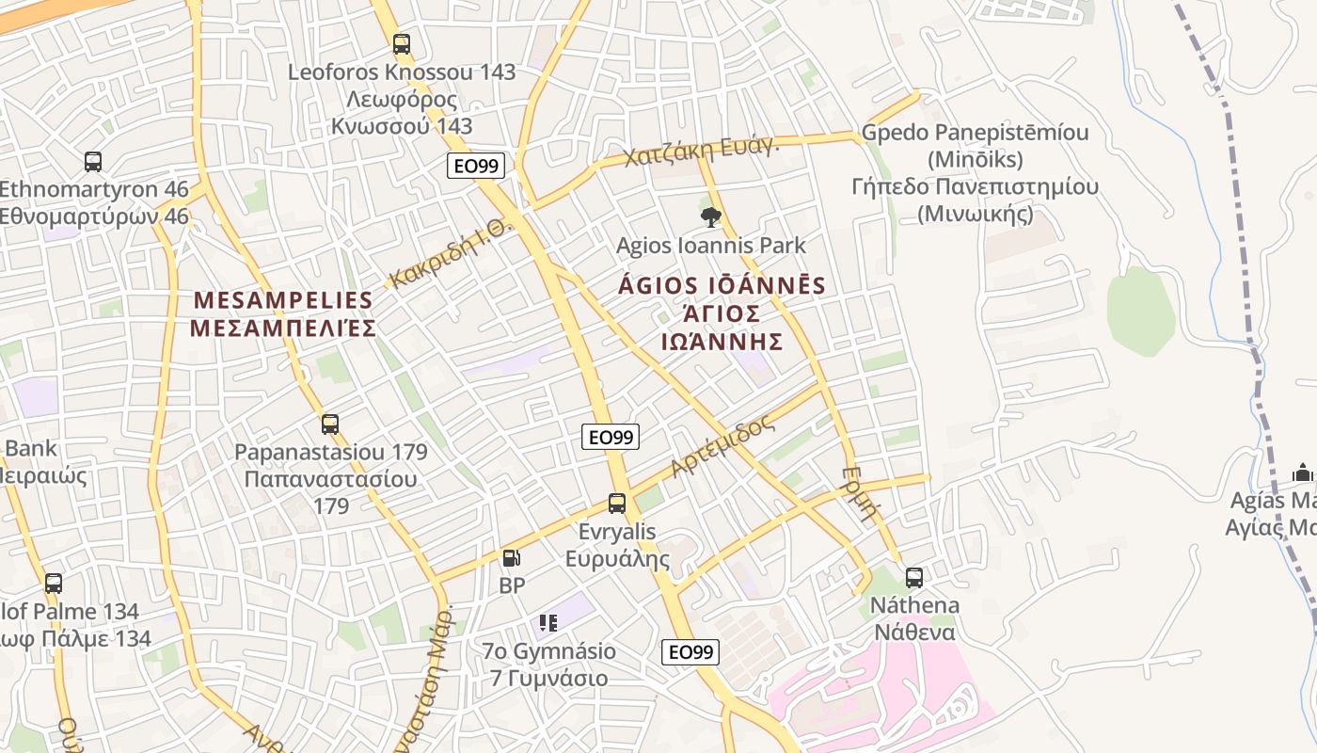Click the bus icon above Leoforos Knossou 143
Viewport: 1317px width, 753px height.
(x=402, y=43)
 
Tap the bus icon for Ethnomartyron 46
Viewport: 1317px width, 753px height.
(x=93, y=161)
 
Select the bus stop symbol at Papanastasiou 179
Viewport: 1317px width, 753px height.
(x=330, y=424)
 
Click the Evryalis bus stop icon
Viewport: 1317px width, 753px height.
(x=617, y=504)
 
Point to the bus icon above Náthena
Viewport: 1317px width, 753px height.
(x=913, y=577)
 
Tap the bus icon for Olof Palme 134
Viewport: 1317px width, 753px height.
(x=54, y=584)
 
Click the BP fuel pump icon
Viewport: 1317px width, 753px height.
(x=511, y=558)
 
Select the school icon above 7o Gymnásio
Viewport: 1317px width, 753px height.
(x=548, y=622)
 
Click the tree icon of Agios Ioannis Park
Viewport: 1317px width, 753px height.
(x=711, y=217)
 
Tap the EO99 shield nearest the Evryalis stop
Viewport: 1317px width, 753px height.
(x=611, y=437)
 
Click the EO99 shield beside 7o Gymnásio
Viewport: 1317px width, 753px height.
(x=690, y=652)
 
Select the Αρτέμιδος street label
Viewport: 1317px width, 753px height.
(x=723, y=446)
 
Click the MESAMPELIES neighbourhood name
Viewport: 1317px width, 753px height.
(x=283, y=301)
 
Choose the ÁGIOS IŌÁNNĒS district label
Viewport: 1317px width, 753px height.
(x=722, y=286)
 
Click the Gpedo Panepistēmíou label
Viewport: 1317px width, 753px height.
(x=975, y=133)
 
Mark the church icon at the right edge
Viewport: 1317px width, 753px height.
(x=1302, y=472)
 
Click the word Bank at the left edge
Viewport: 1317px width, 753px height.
(x=31, y=448)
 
